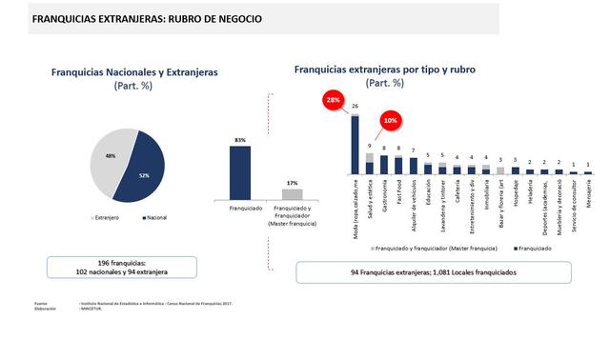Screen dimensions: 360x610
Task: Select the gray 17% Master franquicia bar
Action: [292, 193]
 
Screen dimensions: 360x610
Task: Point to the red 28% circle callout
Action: [333, 99]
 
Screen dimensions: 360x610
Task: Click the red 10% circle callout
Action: [390, 122]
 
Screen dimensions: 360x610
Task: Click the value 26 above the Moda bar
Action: [356, 107]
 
